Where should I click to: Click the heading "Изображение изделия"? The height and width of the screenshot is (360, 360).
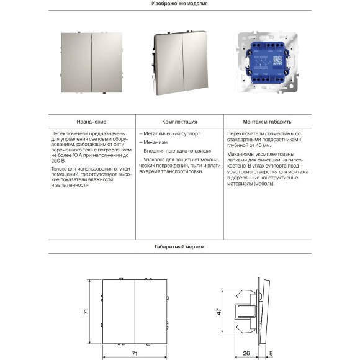[179, 4]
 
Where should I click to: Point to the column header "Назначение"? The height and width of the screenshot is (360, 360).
[91, 122]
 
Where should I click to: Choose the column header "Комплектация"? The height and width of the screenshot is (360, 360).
[179, 122]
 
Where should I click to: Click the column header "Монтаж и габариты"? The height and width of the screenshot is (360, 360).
[269, 122]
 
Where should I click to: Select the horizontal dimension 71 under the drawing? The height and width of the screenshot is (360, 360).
[135, 353]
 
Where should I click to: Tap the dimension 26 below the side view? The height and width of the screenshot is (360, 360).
[246, 353]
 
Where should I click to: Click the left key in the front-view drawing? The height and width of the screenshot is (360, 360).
[118, 312]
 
